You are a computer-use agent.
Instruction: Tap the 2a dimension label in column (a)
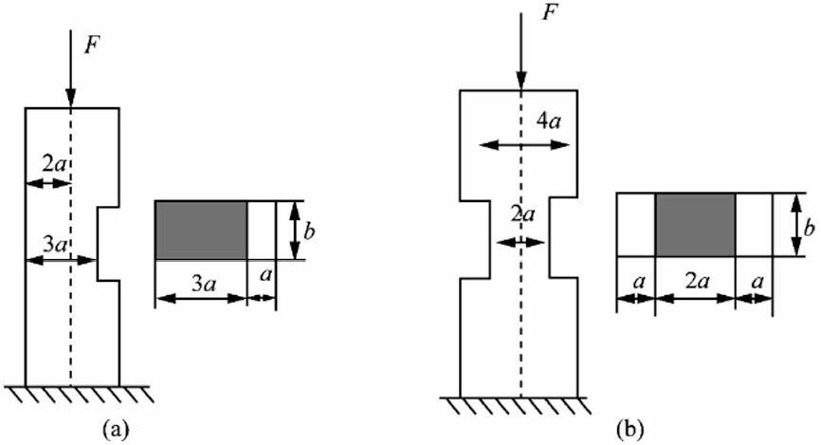tap(54, 164)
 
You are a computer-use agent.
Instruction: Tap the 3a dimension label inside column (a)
tap(53, 245)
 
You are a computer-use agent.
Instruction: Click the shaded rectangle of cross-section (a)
tap(201, 229)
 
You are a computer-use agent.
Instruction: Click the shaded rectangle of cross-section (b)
tap(695, 224)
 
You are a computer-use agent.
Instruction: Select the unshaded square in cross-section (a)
tap(262, 229)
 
